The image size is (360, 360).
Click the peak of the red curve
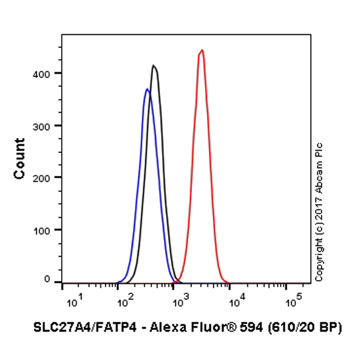202,50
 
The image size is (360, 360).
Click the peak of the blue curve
147,89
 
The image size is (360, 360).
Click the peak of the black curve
154,66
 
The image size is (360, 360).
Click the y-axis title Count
20,158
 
